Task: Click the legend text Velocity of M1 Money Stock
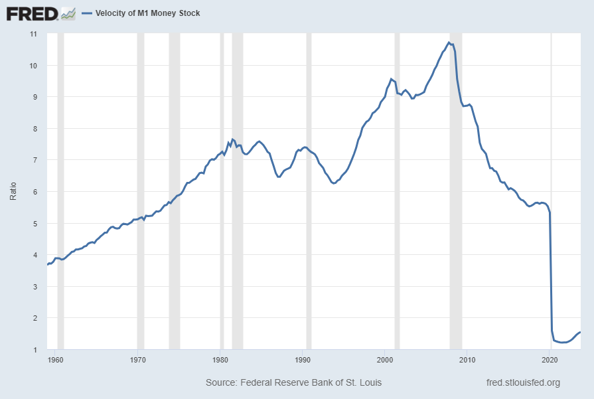point(147,13)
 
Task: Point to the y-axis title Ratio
point(13,191)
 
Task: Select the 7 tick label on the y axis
point(34,160)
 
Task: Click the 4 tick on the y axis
point(34,255)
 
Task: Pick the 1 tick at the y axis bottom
point(34,350)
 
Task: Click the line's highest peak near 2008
point(449,42)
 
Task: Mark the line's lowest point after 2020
point(562,343)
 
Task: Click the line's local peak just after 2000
point(392,78)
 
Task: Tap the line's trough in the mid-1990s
point(334,183)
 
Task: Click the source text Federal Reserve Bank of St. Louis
point(293,383)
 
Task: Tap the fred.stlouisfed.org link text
point(524,383)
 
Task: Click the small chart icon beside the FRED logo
point(68,13)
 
